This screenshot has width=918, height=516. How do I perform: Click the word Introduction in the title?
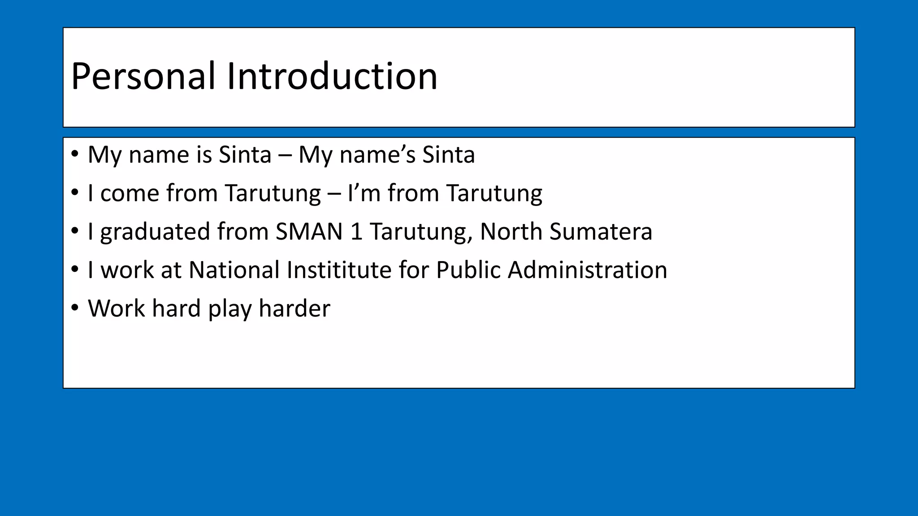[x=332, y=77]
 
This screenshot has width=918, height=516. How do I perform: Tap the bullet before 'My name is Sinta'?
[x=75, y=154]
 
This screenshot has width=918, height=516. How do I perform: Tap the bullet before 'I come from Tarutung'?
[x=75, y=193]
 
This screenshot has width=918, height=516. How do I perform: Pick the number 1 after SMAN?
[x=356, y=232]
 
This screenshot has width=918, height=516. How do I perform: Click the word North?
[x=511, y=232]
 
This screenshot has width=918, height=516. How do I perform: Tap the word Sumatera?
[x=601, y=232]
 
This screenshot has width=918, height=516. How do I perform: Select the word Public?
[x=468, y=270]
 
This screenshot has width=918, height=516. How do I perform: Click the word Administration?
[x=587, y=270]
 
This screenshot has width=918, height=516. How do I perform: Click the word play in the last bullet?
[x=230, y=310]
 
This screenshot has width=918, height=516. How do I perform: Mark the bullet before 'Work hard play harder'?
[x=75, y=308]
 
